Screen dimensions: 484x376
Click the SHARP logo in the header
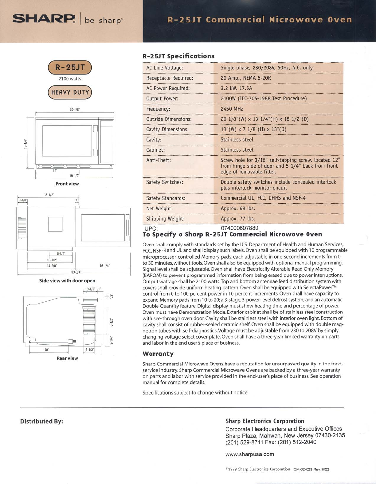click(44, 19)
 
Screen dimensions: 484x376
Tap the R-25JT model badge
click(70, 67)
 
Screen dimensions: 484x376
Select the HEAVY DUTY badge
click(70, 92)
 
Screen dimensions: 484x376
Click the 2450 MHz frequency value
click(232, 109)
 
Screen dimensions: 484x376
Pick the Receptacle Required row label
click(170, 78)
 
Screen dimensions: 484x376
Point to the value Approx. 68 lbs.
click(237, 208)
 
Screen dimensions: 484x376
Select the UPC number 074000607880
click(239, 228)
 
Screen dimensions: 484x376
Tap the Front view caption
click(67, 184)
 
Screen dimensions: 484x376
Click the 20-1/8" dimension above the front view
click(74, 109)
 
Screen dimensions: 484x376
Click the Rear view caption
click(67, 358)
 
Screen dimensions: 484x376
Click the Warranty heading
click(158, 354)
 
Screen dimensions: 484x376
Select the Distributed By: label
click(41, 421)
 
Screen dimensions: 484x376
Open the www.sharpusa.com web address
click(249, 454)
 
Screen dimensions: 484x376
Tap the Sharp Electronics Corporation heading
click(264, 421)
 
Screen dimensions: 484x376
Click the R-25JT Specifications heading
click(178, 56)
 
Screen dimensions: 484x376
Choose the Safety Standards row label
click(166, 198)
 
